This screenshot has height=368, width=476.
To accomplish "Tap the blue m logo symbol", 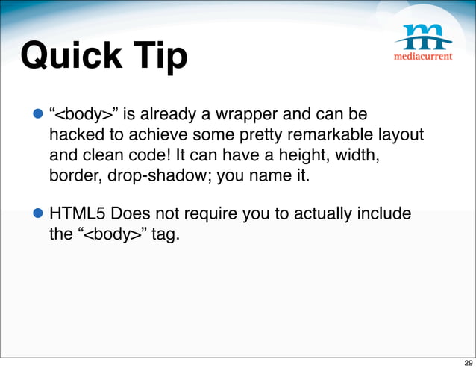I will pyautogui.click(x=423, y=37).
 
